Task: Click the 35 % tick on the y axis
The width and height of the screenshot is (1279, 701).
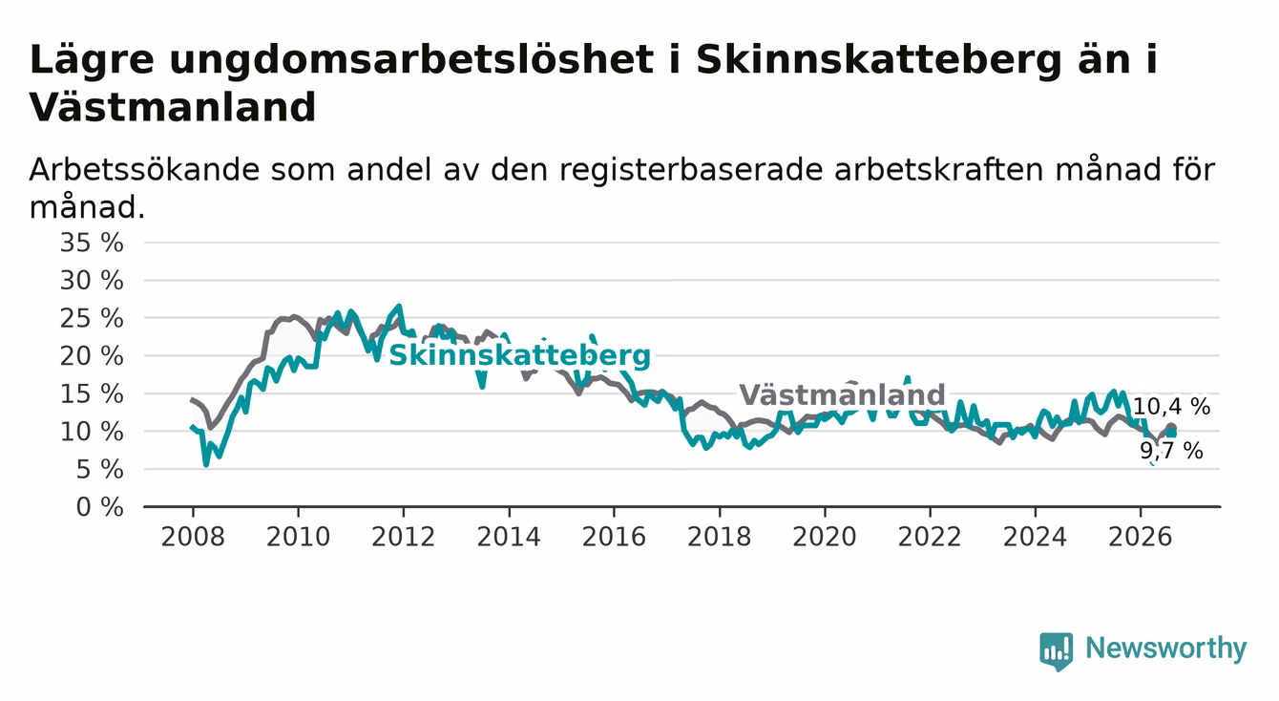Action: tap(92, 243)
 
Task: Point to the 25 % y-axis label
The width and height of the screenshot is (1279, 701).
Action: tap(92, 318)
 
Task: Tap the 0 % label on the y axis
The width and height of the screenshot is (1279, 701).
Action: tap(100, 507)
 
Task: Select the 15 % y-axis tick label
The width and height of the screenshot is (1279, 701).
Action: tap(92, 394)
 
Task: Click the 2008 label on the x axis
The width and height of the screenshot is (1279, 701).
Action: tap(193, 537)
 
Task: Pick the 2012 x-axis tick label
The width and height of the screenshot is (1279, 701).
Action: tap(403, 537)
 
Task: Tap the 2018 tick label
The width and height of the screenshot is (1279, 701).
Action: tap(719, 537)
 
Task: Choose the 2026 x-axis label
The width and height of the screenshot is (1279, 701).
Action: tap(1141, 537)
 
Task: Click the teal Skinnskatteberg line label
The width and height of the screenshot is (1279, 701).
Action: tap(519, 355)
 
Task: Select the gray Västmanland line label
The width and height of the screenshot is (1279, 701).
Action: tap(842, 394)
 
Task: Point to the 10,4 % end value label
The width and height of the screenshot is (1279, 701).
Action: tap(1171, 407)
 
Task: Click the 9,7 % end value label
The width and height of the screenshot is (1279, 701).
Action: tap(1172, 452)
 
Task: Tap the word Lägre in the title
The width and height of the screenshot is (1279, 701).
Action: tap(92, 60)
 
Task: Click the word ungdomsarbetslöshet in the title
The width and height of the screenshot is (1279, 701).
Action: tap(411, 60)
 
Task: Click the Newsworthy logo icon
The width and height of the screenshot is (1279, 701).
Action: tap(1057, 650)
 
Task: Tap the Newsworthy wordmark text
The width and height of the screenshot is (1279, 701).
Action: tap(1166, 648)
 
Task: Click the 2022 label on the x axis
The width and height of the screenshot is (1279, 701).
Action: tap(930, 537)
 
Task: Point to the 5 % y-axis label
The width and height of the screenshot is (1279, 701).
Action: tap(100, 470)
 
